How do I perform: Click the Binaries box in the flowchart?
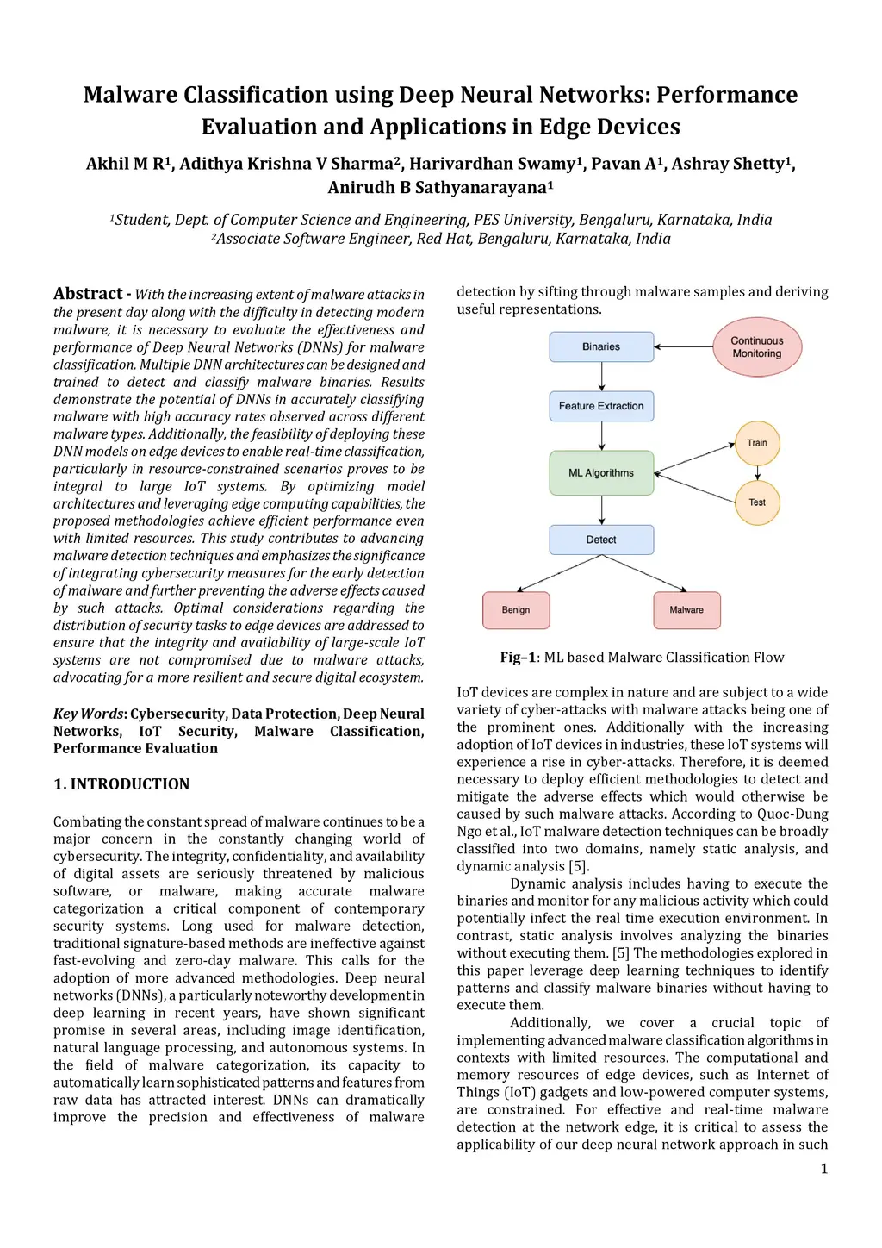[x=601, y=346]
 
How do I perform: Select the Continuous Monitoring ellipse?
[x=757, y=346]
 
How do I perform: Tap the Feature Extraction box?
[x=601, y=406]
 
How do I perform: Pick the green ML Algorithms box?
[x=601, y=473]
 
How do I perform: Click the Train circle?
[x=757, y=443]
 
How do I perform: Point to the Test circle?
[x=757, y=502]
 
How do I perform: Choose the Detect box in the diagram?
[x=601, y=540]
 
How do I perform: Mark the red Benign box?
[x=516, y=610]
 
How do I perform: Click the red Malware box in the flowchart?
[x=686, y=610]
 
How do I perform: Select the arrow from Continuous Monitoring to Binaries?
[x=683, y=346]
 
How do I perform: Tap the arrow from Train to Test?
[x=757, y=472]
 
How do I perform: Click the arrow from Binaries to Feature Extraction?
[x=601, y=377]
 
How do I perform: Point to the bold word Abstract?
[x=88, y=294]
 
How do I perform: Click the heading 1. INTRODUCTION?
[x=121, y=784]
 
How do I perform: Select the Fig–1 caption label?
[x=519, y=658]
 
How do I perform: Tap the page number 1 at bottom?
[x=824, y=1169]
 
